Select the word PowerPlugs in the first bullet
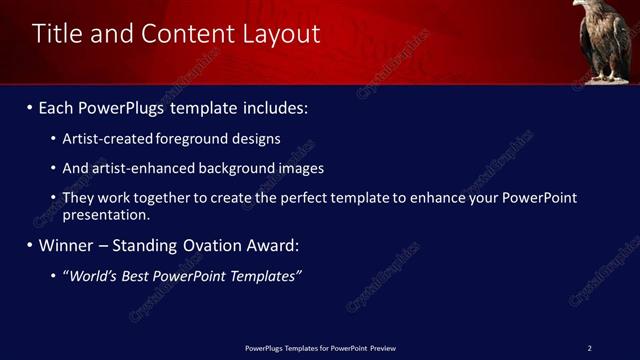[x=119, y=107]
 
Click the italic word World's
[x=92, y=276]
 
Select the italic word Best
[x=137, y=276]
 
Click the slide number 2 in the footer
[x=589, y=348]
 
